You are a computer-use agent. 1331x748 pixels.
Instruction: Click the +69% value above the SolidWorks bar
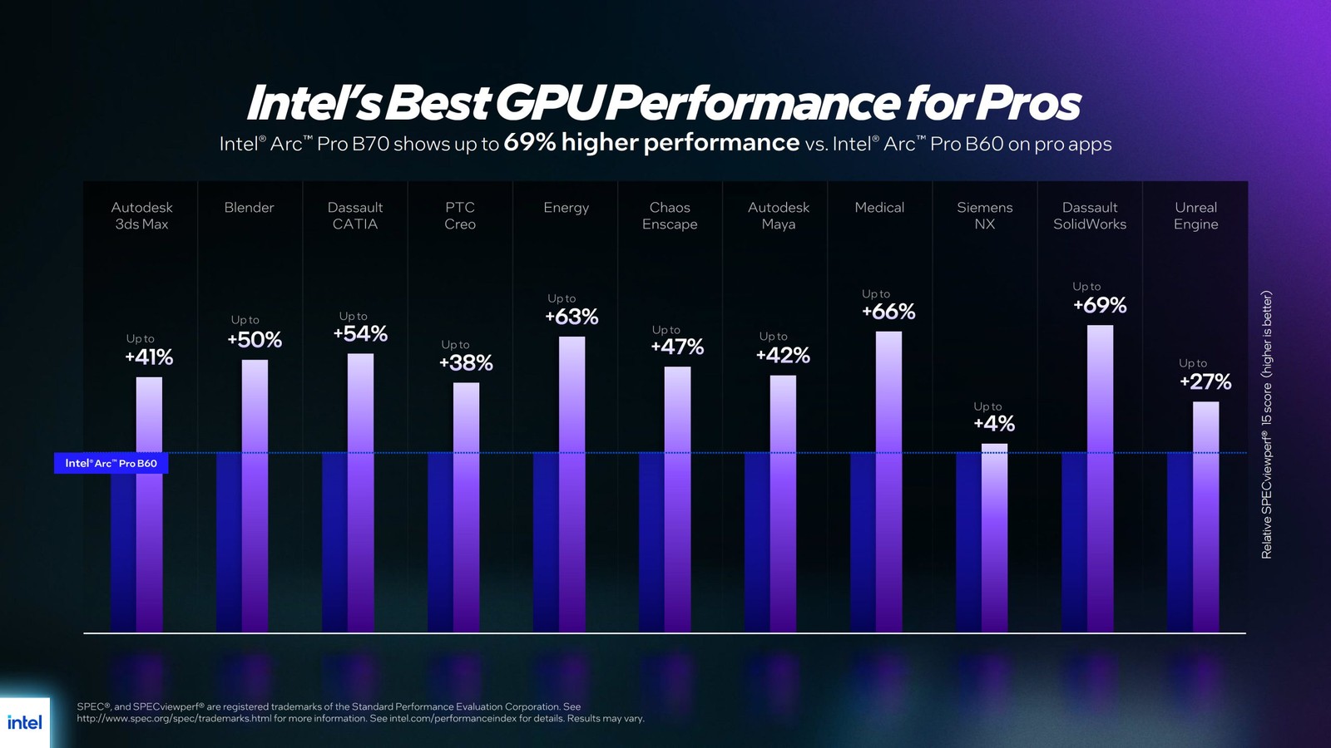(1100, 305)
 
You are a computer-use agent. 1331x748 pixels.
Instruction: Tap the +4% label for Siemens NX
(994, 424)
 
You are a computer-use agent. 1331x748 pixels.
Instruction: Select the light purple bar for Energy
(571, 482)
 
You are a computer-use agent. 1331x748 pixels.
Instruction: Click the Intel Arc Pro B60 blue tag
(111, 463)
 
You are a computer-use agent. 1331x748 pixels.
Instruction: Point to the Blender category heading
(249, 208)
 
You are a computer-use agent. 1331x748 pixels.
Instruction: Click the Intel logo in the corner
(24, 722)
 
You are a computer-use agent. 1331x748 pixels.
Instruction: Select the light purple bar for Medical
(888, 482)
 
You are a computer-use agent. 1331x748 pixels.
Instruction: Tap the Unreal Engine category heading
(1195, 216)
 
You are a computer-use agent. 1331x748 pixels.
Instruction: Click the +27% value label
(1205, 381)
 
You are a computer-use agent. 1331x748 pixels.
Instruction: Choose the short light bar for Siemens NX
(994, 532)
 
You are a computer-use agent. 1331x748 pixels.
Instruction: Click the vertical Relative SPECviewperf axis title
(1267, 424)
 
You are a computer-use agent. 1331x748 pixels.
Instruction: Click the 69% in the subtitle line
(529, 143)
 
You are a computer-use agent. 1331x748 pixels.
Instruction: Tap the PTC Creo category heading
(459, 216)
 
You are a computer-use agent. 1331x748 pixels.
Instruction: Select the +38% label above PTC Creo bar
(466, 362)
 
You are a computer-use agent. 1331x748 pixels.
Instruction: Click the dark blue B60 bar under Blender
(229, 540)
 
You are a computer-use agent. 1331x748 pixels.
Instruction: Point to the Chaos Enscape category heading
(670, 216)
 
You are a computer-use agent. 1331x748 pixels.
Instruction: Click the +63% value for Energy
(571, 317)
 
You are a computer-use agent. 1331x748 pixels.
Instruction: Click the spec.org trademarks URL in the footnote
(175, 718)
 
